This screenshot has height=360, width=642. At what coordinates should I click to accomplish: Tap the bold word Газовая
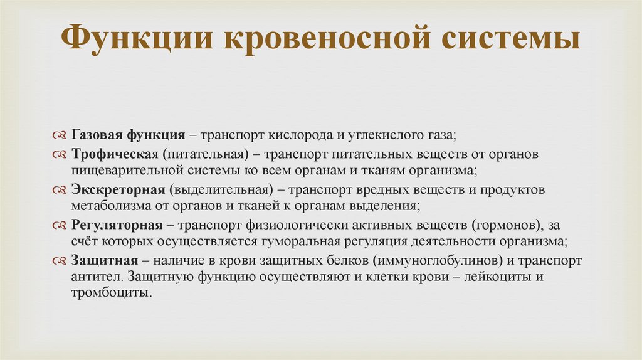pyautogui.click(x=97, y=135)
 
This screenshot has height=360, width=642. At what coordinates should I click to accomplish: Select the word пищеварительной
pyautogui.click(x=121, y=170)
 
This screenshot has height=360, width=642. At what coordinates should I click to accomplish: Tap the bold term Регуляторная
pyautogui.click(x=117, y=225)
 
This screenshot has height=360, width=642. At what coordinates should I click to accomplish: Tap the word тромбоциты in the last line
pyautogui.click(x=110, y=292)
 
